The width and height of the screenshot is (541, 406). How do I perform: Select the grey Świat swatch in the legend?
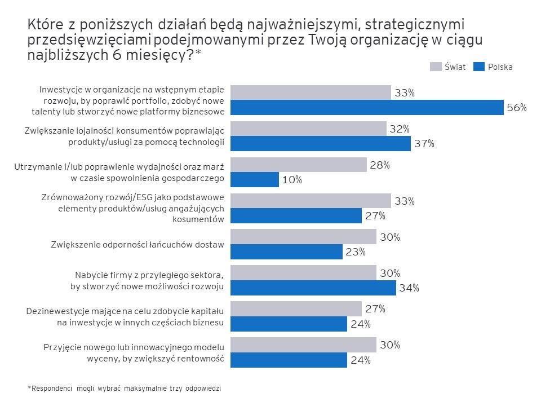pos(436,67)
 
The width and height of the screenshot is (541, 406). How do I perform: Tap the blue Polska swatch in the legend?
pos(478,67)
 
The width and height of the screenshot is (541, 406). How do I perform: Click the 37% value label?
pos(425,143)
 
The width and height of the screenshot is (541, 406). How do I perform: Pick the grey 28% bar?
pos(299,165)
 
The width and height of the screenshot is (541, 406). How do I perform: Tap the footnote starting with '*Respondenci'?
pos(125,389)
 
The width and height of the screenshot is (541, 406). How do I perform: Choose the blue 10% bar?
pos(255,179)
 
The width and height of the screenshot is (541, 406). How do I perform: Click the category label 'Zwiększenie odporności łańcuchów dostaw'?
pos(138,245)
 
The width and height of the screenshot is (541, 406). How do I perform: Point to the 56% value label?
pos(517,107)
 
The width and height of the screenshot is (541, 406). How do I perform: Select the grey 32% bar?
pos(309,129)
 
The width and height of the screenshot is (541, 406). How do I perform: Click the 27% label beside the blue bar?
pos(375,215)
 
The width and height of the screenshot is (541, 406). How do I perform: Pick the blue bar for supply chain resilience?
pos(287,251)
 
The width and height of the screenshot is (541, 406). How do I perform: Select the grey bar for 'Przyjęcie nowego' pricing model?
pos(304,345)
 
